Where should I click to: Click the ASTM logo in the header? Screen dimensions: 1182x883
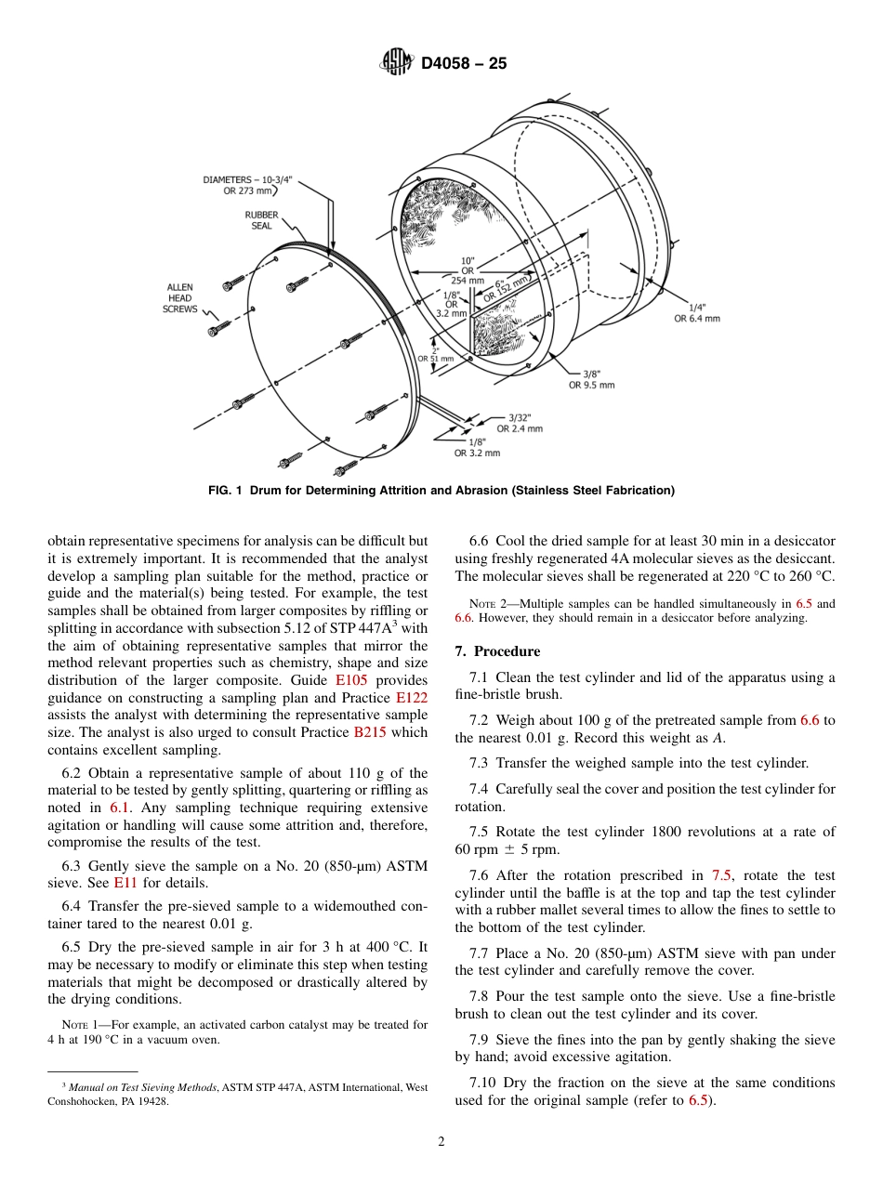(396, 63)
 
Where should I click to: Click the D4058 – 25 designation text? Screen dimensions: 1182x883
(464, 64)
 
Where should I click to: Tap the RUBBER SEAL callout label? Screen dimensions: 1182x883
(261, 220)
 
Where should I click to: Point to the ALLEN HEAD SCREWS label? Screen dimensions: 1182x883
(180, 298)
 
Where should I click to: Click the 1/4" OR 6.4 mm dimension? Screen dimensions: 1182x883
(696, 312)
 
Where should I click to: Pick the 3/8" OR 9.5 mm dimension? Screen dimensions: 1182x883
(591, 379)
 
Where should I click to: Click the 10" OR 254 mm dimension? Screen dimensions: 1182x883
(467, 270)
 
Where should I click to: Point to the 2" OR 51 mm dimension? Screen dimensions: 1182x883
(435, 354)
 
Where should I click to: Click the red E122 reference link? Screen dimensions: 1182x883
(412, 698)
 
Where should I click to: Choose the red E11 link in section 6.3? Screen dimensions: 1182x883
(125, 883)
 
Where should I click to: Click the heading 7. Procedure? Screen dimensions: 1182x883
(497, 651)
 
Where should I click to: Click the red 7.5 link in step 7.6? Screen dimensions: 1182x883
(722, 875)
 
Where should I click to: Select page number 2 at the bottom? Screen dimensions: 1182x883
(441, 1142)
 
